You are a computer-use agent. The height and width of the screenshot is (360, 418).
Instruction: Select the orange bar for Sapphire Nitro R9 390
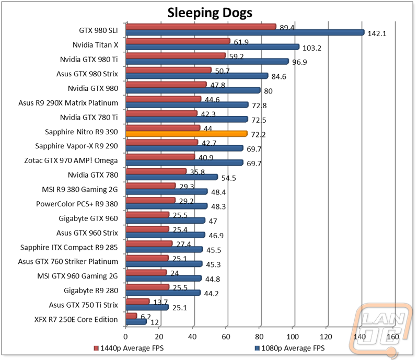pyautogui.click(x=186, y=134)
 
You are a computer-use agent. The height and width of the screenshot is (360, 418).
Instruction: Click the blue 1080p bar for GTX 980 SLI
pyautogui.click(x=245, y=32)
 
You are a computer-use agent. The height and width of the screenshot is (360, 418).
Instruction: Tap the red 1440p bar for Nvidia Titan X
pyautogui.click(x=178, y=41)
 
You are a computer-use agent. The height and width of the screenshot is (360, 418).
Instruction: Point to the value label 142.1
pyautogui.click(x=377, y=33)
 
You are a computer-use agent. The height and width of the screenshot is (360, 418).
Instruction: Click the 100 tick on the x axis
pyautogui.click(x=293, y=337)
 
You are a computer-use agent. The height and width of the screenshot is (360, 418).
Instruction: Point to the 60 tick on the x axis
pyautogui.click(x=226, y=337)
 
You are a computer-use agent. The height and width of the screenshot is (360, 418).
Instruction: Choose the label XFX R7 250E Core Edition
pyautogui.click(x=69, y=319)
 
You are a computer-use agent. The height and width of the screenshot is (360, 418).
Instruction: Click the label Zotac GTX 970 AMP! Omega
pyautogui.click(x=76, y=160)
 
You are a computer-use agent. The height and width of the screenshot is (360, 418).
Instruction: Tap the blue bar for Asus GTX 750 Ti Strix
pyautogui.click(x=147, y=307)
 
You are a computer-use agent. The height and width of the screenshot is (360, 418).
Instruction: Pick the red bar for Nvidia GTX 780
pyautogui.click(x=156, y=171)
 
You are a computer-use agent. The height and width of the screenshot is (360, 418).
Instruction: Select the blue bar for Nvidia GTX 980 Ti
pyautogui.click(x=206, y=61)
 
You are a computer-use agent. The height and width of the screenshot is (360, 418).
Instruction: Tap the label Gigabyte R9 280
pyautogui.click(x=93, y=290)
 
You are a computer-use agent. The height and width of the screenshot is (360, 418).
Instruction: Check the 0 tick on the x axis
pyautogui.click(x=126, y=337)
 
